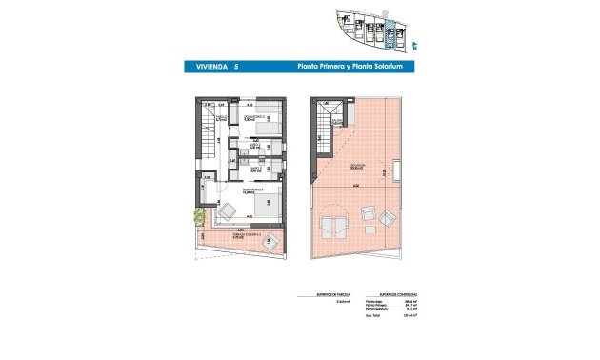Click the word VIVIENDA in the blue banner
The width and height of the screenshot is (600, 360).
(203, 68)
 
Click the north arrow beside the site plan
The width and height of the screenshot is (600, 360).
(414, 42)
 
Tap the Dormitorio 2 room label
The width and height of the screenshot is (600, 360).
(248, 119)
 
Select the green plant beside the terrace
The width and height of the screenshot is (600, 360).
(200, 217)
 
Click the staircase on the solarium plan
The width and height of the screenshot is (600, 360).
(328, 121)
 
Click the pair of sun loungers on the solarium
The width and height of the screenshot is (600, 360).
(335, 226)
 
